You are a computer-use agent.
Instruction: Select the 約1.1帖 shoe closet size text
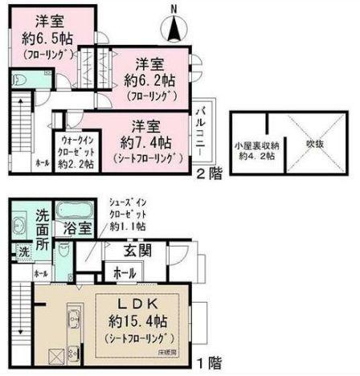tap(127, 228)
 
